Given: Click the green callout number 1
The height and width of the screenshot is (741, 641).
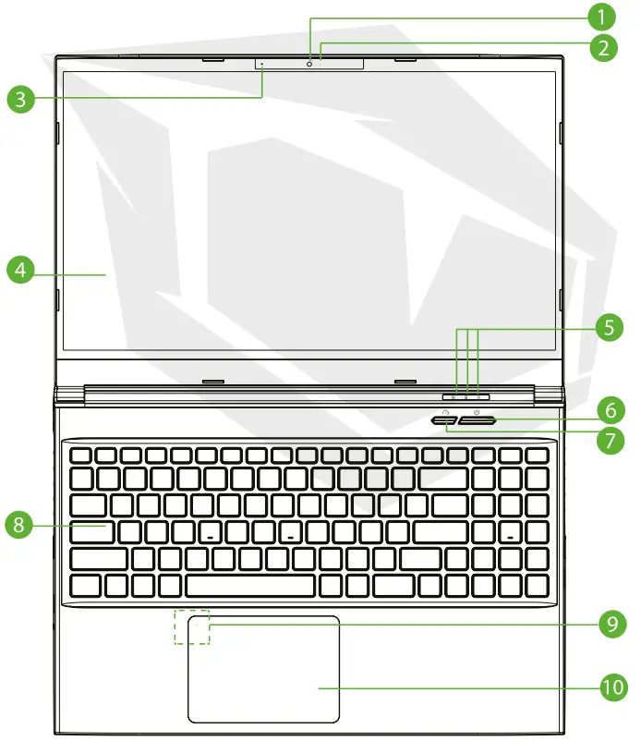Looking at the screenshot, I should point(601,17).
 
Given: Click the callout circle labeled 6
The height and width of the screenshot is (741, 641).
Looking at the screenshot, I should point(608,408).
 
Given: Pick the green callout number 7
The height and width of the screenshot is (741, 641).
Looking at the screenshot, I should point(606,441).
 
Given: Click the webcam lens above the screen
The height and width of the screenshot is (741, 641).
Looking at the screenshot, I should point(309,65).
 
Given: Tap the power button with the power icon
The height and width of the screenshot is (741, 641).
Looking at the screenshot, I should point(478,420).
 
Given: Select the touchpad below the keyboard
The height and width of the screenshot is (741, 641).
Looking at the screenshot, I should point(264,670).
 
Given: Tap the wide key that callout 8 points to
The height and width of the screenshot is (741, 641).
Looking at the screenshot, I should point(92,531).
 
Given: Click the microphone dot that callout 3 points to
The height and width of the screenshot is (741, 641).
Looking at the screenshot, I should point(262,65).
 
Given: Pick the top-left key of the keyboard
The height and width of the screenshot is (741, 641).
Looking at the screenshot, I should point(79,456).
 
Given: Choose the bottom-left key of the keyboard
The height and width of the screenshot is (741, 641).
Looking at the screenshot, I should point(85,586).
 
